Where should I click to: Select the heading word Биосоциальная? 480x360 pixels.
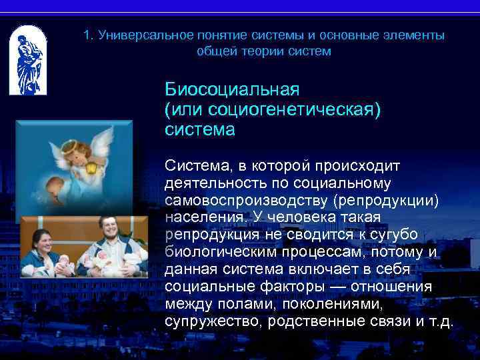pyautogui.click(x=232, y=89)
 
